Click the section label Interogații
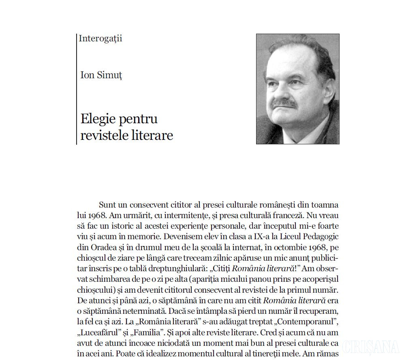pos(100,39)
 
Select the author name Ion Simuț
pos(101,75)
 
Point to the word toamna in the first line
pos(324,205)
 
